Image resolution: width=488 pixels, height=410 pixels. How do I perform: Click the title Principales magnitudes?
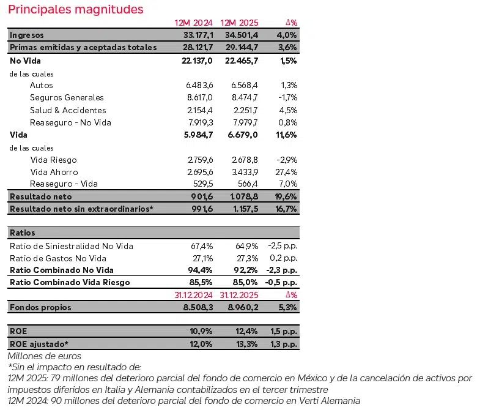click(x=76, y=9)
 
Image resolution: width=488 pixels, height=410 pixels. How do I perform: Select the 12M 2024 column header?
click(x=193, y=23)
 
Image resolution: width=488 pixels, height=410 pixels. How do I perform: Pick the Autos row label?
click(x=41, y=85)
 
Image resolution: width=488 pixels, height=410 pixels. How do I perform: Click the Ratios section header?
click(x=23, y=233)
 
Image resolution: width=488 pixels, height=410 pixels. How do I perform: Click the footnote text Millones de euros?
click(x=44, y=356)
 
